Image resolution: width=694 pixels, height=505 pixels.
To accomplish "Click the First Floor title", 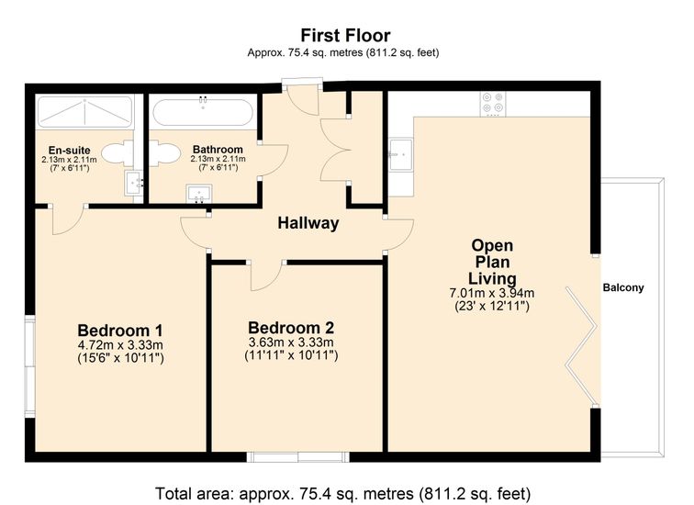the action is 346,36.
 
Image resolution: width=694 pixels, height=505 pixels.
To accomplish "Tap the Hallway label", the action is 308,223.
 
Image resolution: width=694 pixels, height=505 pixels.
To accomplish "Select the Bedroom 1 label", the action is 120,331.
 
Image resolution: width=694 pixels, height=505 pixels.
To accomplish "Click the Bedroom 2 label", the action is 291,328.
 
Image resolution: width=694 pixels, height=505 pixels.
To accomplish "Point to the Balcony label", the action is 623,287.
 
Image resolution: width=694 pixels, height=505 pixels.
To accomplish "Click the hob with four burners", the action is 493,104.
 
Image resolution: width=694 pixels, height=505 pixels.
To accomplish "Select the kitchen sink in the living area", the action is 400,154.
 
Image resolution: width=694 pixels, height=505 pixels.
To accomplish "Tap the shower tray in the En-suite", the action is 84,111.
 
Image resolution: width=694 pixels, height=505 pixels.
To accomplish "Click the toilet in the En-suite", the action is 118,153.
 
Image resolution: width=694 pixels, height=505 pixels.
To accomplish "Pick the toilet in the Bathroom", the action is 164,153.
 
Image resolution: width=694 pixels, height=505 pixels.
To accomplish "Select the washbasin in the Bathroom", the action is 199,194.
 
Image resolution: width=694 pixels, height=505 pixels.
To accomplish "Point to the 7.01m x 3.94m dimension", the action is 492,293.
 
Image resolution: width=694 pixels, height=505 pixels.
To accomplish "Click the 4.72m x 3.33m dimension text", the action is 120,345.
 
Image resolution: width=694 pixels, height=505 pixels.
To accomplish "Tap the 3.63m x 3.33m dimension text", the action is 291,342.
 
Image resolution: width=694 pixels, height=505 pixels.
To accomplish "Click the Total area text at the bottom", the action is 342,493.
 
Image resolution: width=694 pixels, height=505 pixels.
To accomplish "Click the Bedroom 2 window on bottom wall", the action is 297,456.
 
